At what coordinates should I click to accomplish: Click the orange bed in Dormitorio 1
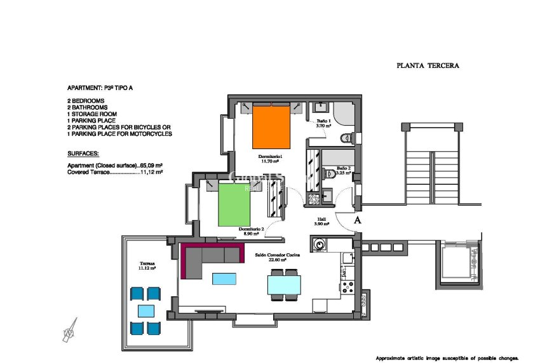point(272,128)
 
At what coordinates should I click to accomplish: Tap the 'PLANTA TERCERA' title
point(428,65)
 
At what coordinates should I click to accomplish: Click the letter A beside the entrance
point(357,220)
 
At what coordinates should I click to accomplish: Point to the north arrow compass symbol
point(70,330)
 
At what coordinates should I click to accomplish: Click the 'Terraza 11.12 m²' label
point(147,266)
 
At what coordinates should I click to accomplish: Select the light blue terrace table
point(146,311)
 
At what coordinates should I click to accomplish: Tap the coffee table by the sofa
point(224,279)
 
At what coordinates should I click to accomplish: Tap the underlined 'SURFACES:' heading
point(83,154)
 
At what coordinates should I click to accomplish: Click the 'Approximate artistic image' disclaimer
point(447,357)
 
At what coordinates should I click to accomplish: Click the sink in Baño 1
point(321,107)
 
